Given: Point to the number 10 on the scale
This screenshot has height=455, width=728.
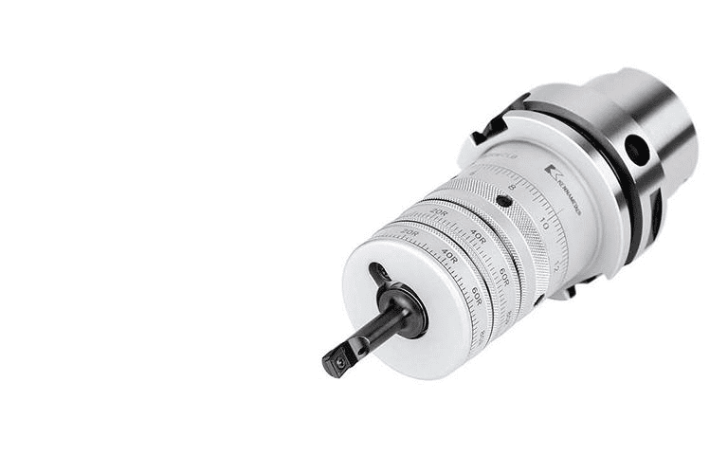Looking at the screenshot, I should point(545,224).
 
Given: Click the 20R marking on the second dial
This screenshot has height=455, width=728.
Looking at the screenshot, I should point(437,214).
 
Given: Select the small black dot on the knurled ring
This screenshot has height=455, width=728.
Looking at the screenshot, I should point(503,201).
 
